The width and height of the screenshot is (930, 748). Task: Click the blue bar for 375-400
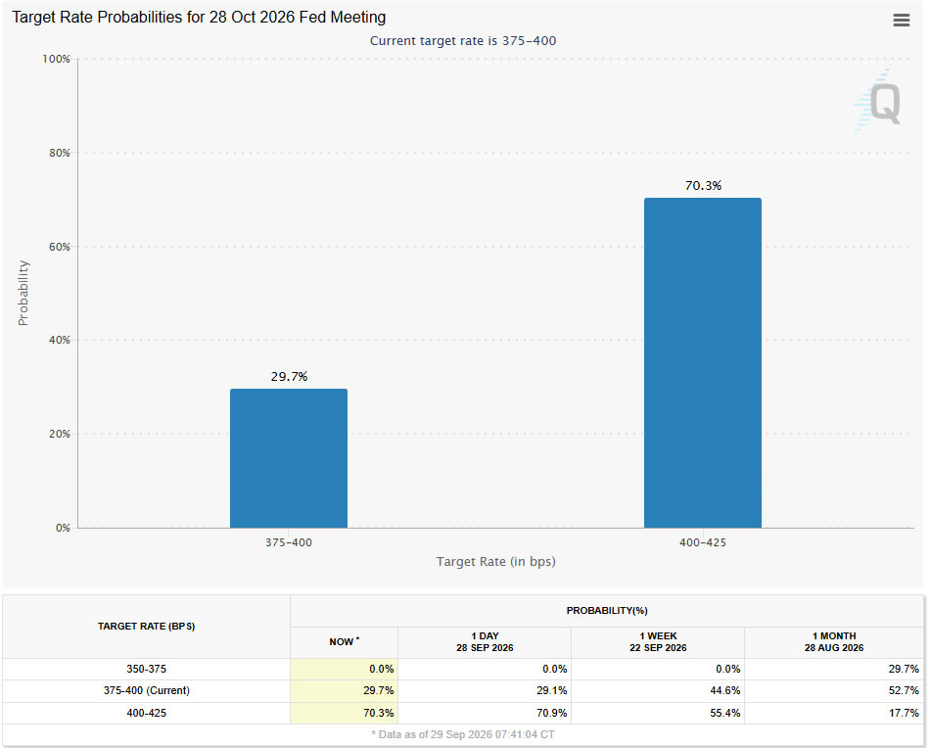(289, 458)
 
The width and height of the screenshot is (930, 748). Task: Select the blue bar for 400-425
(703, 362)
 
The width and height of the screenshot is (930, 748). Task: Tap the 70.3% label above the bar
(704, 186)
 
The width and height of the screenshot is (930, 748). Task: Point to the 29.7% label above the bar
(290, 377)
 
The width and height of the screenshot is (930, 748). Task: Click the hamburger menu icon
(901, 21)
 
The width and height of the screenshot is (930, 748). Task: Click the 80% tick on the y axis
(60, 153)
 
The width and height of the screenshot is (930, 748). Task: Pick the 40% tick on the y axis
(60, 340)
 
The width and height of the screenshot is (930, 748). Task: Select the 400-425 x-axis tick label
(703, 542)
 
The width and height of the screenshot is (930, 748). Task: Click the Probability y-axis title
(23, 293)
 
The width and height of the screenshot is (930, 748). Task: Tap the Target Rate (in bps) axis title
(496, 562)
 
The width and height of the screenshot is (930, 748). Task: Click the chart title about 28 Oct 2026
(199, 18)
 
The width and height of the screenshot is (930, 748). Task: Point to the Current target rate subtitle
(463, 41)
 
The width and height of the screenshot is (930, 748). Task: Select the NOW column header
(344, 642)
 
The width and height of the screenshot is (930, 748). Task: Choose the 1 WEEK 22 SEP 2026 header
(659, 642)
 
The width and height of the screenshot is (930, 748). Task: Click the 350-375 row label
(147, 669)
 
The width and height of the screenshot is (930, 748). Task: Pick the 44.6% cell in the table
(724, 690)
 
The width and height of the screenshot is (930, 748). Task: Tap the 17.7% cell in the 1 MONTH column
(904, 713)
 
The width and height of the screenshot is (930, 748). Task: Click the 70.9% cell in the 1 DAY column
(551, 713)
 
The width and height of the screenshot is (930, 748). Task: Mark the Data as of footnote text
(463, 734)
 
